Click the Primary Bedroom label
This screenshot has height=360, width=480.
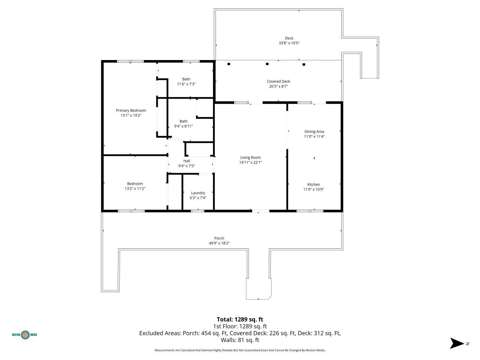[131, 110]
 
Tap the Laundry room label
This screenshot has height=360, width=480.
[198, 193]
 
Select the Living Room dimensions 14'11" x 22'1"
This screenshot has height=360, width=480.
[250, 163]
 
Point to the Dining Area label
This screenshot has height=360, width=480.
[314, 132]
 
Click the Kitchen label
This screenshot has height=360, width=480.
[313, 184]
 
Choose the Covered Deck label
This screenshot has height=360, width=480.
[278, 81]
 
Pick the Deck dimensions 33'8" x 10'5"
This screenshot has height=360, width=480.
[289, 43]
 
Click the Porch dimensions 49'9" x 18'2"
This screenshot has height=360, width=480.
[219, 243]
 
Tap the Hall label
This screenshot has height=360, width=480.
[186, 161]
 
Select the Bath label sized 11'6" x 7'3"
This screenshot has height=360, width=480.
[186, 79]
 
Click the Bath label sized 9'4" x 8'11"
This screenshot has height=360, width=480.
[183, 121]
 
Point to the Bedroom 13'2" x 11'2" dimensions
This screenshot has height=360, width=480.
[135, 189]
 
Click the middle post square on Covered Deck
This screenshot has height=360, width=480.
[267, 64]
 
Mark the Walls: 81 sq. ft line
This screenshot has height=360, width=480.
[240, 340]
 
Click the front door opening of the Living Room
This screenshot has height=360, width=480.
[260, 211]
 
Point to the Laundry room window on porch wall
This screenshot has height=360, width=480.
[198, 211]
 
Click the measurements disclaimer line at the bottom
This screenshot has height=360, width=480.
[240, 350]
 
